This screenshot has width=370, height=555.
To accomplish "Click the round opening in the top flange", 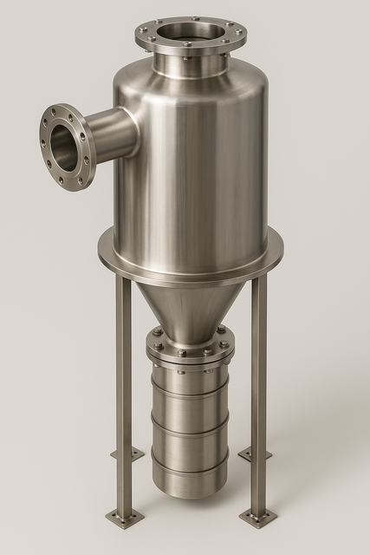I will point(191,32).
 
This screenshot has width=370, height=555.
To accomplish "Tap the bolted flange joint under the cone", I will point(188,351).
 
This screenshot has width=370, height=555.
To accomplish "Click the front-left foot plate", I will point(125,519).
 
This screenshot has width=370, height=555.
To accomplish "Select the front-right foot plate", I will point(257,518).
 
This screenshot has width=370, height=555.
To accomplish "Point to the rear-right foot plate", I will point(254,454).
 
